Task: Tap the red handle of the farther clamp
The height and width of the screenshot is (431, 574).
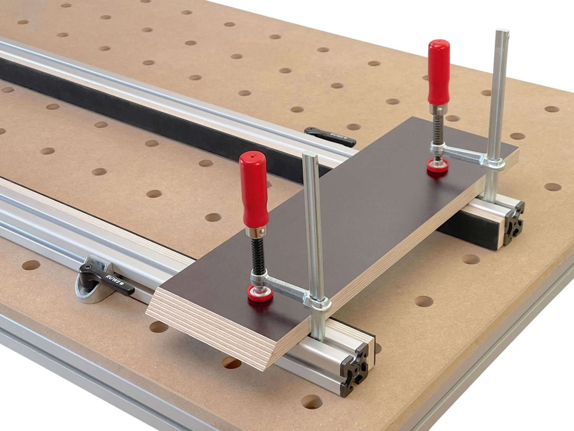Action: point(439,72)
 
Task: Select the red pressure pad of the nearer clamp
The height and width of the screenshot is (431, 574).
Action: point(260,293)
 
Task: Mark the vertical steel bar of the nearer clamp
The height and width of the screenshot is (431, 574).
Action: point(313,223)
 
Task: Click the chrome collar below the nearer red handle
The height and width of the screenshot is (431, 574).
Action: point(255,232)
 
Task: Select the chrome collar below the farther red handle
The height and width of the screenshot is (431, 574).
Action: point(439,109)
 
